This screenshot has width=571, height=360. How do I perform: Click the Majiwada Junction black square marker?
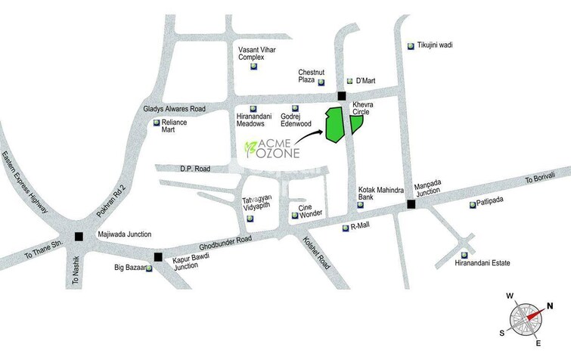[x=79, y=236]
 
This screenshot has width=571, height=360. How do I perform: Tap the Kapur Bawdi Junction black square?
[x=157, y=256]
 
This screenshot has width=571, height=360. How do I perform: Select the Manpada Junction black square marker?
[x=411, y=204]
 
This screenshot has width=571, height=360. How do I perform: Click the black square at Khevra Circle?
[x=342, y=96]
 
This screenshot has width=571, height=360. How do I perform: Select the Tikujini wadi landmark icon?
[x=411, y=45]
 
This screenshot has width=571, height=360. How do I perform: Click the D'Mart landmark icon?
[x=349, y=81]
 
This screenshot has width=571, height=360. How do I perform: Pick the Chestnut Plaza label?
[x=311, y=73]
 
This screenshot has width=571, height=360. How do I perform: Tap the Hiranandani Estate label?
[x=483, y=262]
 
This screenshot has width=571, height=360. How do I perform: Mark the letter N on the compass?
[x=550, y=306]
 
